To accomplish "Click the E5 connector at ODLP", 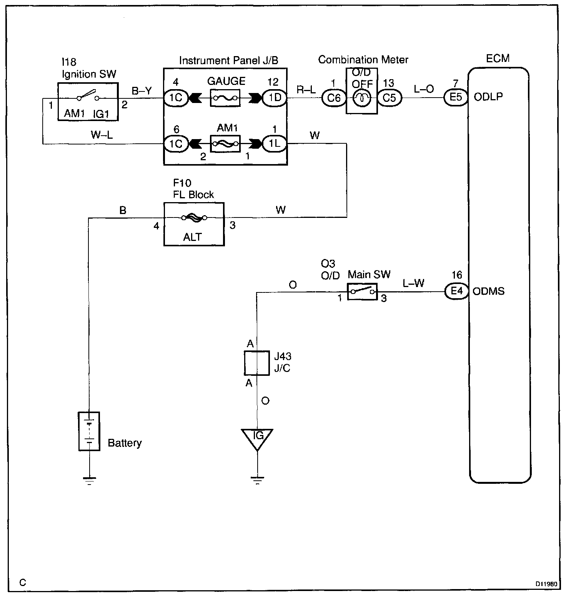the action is [456, 97].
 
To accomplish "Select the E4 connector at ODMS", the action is [456, 291].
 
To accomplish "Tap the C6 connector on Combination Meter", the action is [334, 98].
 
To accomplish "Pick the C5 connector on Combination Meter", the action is [389, 98].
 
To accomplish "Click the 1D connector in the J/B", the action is [275, 98].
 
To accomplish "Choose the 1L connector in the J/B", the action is [275, 143].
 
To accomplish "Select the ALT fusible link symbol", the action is [194, 218].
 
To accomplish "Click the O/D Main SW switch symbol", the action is [362, 292].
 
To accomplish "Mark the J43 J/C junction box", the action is [256, 363].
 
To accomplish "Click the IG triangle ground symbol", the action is [257, 439].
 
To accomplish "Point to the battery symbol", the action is [89, 431].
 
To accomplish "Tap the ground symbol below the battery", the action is [89, 481].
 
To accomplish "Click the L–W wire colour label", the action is [413, 284].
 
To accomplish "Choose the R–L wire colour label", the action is [306, 90].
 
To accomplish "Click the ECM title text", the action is [498, 58].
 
